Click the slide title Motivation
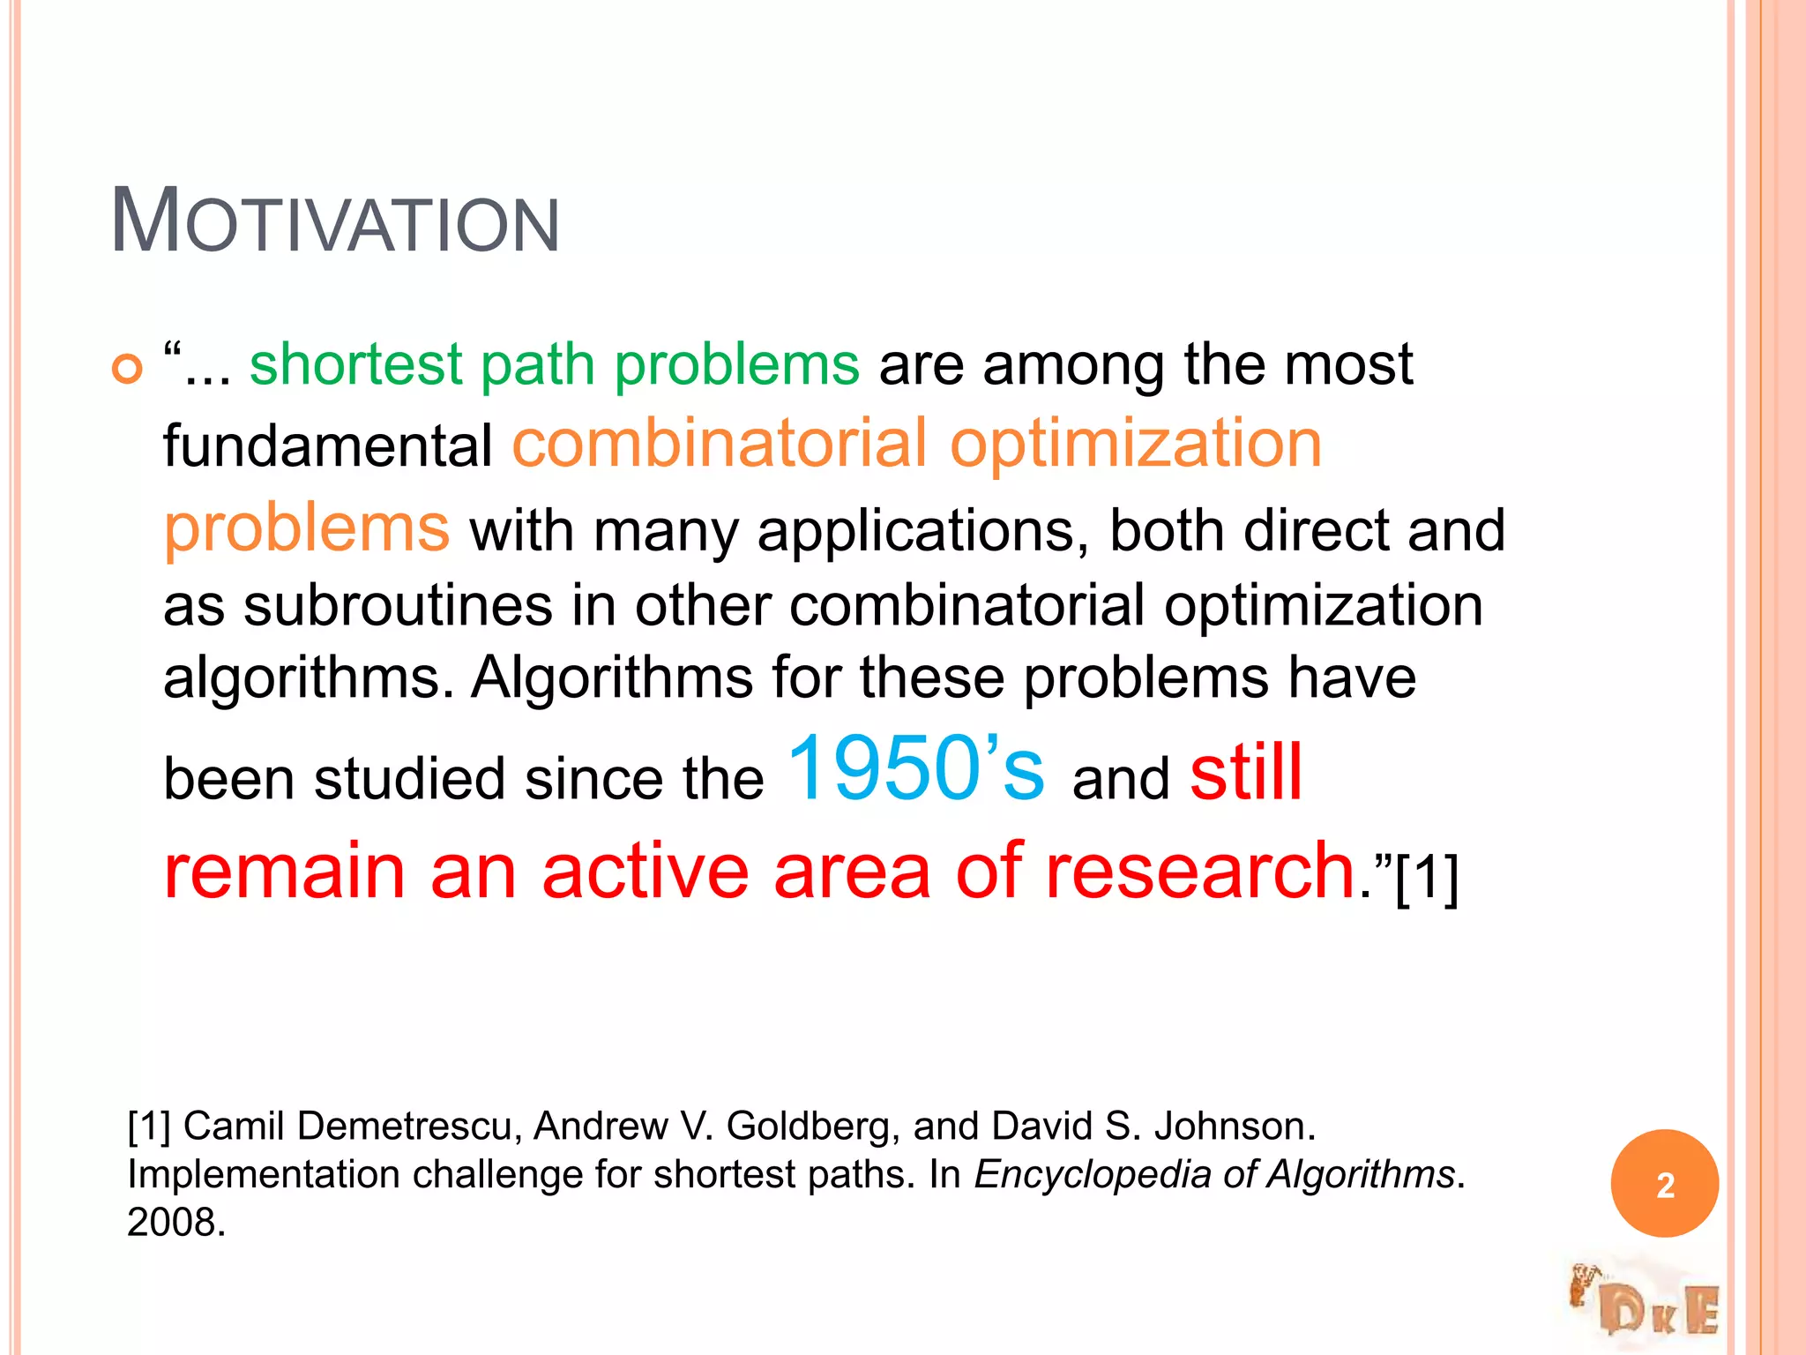tap(334, 221)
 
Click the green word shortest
tap(355, 364)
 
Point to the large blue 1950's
tap(915, 769)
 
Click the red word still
tap(1246, 773)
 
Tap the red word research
tap(1200, 872)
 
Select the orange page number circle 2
tap(1664, 1184)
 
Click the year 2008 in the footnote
tap(175, 1223)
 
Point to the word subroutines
tap(398, 607)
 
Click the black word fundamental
tap(328, 446)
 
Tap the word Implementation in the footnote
tap(264, 1175)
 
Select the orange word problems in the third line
tap(306, 528)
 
